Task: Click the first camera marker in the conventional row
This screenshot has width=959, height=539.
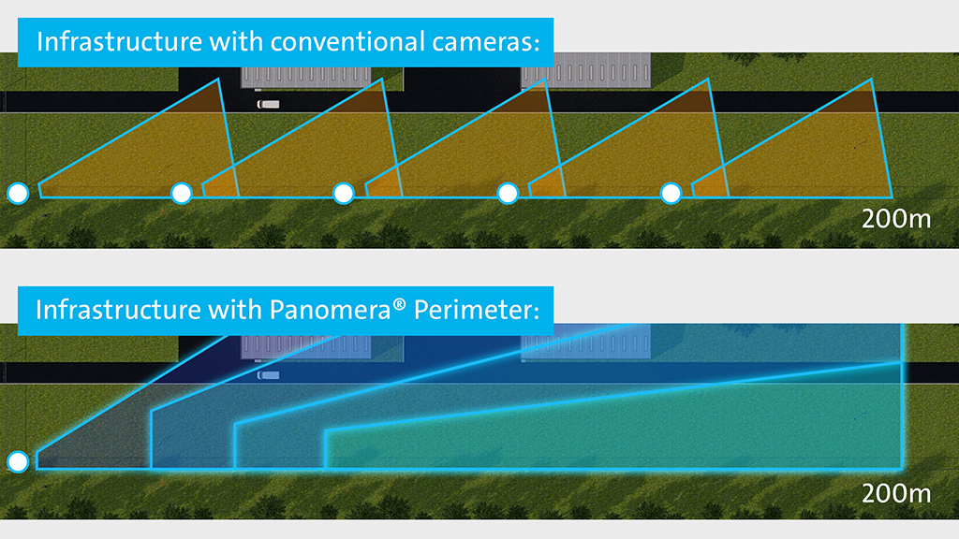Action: pos(18,193)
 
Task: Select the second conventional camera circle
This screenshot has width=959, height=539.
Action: pos(182,193)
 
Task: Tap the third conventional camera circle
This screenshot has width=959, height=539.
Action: pos(344,193)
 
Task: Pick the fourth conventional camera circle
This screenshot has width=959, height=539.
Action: pos(508,193)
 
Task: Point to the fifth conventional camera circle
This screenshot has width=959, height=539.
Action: pos(671,193)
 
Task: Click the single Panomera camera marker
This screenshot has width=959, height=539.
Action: pos(18,461)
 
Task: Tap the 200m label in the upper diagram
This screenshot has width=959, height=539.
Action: pos(896,221)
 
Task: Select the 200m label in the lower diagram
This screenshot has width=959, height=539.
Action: pos(896,492)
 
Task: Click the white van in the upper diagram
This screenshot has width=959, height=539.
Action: pos(268,105)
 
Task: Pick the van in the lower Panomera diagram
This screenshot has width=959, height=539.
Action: pos(268,375)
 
